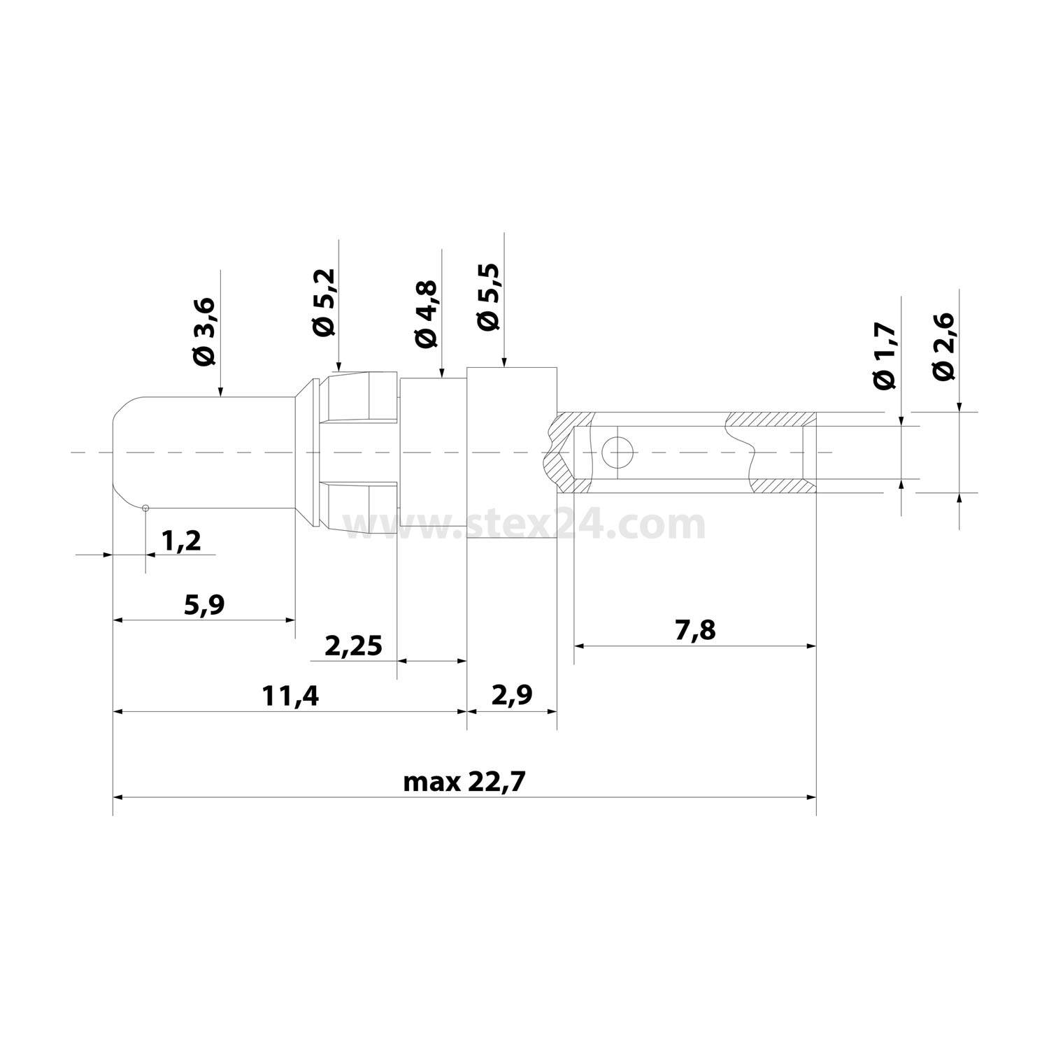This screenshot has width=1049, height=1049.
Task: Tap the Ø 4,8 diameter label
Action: (x=426, y=314)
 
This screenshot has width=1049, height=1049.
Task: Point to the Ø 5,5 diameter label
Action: (x=487, y=296)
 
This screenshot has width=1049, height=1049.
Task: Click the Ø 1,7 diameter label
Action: (x=885, y=356)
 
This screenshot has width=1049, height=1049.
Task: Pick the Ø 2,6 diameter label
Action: (x=943, y=346)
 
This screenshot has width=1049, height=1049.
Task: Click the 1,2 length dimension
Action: (x=181, y=540)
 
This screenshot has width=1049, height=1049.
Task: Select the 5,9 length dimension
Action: (x=204, y=604)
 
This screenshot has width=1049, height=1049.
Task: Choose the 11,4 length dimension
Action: (x=290, y=696)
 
